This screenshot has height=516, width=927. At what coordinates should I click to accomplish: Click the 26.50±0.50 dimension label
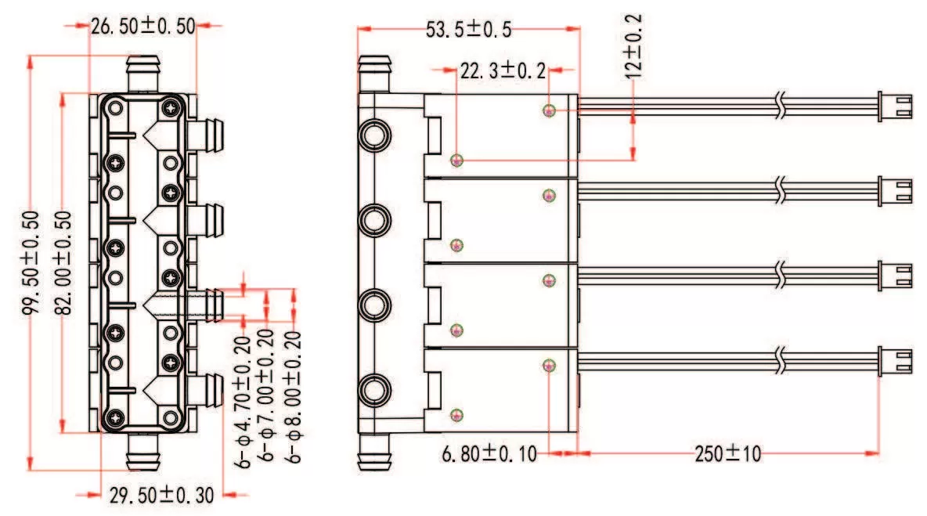tap(143, 25)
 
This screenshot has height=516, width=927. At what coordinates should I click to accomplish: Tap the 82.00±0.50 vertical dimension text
tap(67, 263)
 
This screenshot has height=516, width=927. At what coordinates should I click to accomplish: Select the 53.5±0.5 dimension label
tap(468, 30)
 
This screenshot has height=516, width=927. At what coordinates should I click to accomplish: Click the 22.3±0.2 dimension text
tap(502, 71)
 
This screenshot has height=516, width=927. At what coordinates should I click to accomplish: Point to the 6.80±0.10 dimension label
tap(490, 453)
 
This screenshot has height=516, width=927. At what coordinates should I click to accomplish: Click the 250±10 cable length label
tap(727, 453)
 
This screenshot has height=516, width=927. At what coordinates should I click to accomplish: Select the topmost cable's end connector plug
tap(895, 104)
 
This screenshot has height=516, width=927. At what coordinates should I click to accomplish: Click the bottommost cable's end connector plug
tap(895, 360)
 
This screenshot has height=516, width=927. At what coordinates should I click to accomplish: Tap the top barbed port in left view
tap(143, 74)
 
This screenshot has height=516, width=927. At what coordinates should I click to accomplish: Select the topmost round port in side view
tap(374, 135)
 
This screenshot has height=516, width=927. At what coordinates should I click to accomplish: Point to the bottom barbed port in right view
tap(374, 451)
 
